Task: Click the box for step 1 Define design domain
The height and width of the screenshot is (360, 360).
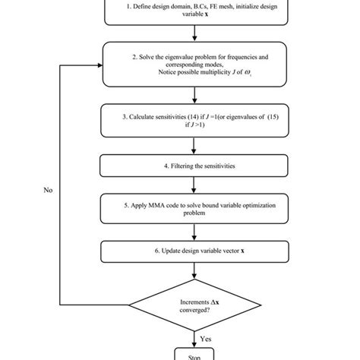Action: tap(197, 11)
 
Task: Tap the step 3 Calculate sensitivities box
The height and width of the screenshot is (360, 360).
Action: tap(197, 122)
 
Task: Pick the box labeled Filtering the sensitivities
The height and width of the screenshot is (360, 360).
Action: tap(197, 166)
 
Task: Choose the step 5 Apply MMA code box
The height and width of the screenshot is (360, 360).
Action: tap(197, 208)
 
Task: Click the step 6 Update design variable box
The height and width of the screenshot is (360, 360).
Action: tap(197, 251)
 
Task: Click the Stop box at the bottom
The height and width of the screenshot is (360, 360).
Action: tap(197, 353)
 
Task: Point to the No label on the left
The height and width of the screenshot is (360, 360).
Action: tap(47, 190)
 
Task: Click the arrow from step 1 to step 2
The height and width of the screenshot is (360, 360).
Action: tap(197, 33)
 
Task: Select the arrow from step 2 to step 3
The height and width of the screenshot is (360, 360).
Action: tap(197, 96)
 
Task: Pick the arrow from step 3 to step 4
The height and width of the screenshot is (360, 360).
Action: tap(197, 147)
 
